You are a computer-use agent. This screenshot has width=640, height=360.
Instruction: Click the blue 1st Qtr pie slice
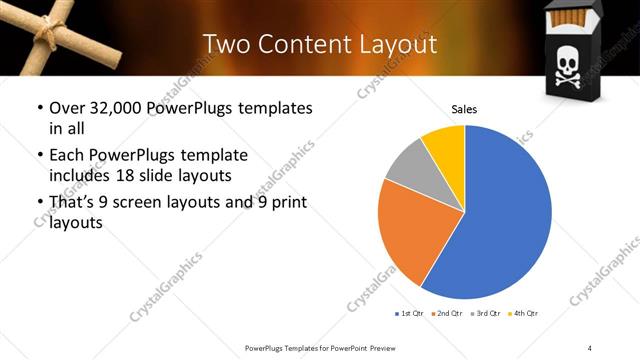point(500,220)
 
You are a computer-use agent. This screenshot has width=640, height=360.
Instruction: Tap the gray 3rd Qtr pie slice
point(407,169)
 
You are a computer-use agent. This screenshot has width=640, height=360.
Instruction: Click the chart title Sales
point(464,108)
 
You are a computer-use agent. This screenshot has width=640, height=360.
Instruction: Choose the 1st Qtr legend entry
point(409,313)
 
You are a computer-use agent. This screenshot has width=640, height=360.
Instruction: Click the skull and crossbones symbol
point(566,67)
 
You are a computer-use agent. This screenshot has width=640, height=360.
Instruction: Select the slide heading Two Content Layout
point(319,44)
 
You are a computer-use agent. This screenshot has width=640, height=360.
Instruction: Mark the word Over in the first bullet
point(63,108)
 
